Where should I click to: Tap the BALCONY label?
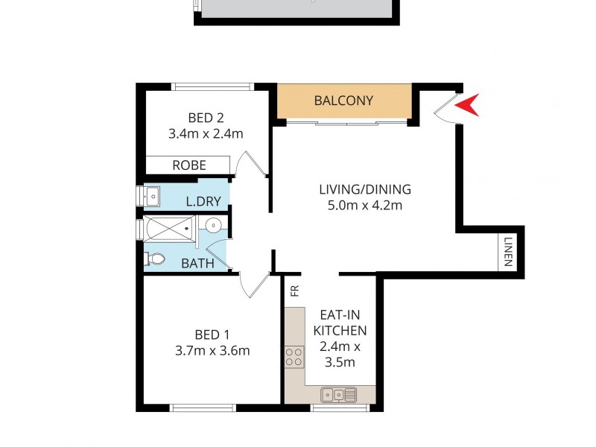point(343,101)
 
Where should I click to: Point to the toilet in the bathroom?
point(156,259)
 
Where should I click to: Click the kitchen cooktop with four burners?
point(294,357)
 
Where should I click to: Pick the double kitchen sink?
point(338,394)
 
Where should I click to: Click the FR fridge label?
point(294,289)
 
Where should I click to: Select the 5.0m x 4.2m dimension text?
point(365,206)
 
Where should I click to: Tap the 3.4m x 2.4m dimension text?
point(206,134)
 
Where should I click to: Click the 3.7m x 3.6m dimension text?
point(212,351)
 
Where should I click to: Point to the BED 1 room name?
point(212,334)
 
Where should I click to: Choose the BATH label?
point(198,263)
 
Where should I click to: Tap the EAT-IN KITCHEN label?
point(340,322)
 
